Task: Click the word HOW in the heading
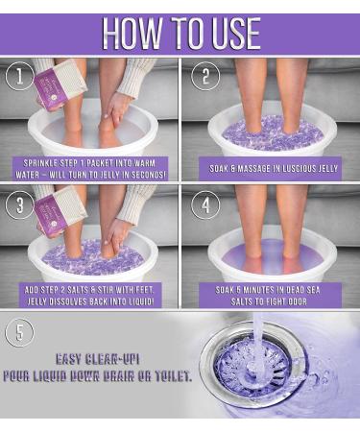click(132, 34)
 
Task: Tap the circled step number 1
click(20, 76)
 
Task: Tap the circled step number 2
click(205, 76)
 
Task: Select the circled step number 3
click(20, 204)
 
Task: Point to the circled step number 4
click(205, 204)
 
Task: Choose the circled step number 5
click(20, 332)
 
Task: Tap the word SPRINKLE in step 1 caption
click(39, 163)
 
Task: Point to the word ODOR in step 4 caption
click(297, 301)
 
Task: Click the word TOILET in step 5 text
click(174, 376)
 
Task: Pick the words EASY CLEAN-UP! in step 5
click(98, 359)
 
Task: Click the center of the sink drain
click(252, 369)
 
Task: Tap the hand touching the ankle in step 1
click(116, 108)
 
